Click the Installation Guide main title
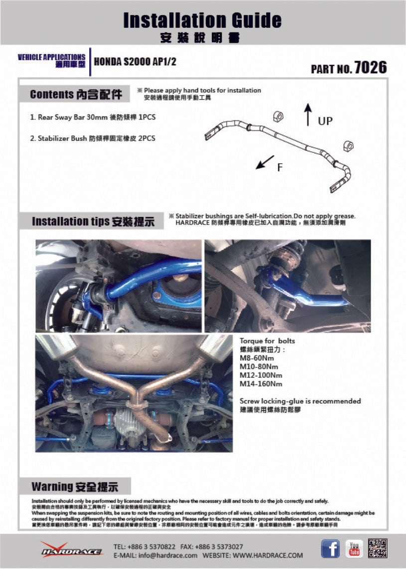(202, 20)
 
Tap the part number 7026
(370, 68)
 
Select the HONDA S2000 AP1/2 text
(135, 62)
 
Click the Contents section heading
(76, 94)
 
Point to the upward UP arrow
(308, 114)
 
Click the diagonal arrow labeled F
(266, 161)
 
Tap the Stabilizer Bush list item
(93, 138)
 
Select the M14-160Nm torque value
(261, 384)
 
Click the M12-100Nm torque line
(261, 375)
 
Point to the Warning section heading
(74, 486)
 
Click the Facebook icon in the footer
(330, 549)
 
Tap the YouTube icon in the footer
(354, 549)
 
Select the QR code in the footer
(378, 548)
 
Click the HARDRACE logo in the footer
(72, 550)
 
